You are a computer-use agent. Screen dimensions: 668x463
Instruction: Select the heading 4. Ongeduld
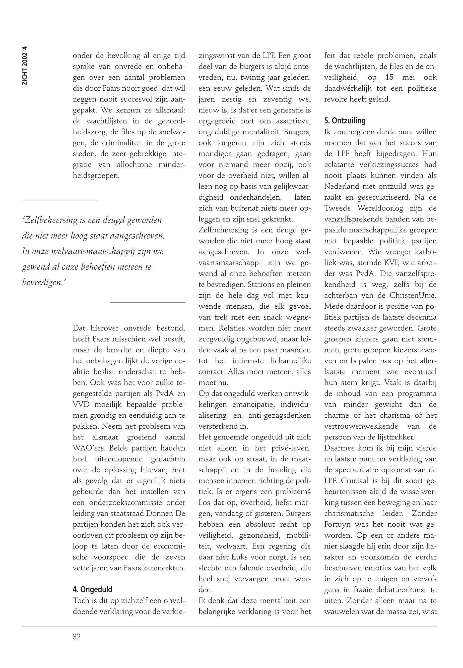pos(92,589)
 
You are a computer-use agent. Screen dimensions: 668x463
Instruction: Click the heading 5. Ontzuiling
pos(345,121)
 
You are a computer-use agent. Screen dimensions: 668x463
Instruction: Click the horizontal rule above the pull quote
pos(59,200)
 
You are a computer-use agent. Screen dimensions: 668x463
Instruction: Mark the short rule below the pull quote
pos(148,303)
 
